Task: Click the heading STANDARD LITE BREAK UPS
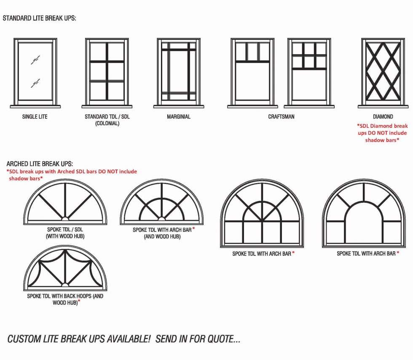coord(39,19)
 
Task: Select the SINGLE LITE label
coord(35,117)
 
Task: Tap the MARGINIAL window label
coord(179,117)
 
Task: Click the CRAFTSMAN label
coord(281,117)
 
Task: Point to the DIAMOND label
coord(383,117)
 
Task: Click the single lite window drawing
coord(35,73)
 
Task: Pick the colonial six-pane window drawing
coord(107,73)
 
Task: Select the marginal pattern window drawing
coord(179,73)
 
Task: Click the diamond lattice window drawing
coord(383,73)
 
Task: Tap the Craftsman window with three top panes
coord(252,73)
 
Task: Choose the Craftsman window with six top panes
coord(309,73)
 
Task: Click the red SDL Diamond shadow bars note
coord(382,133)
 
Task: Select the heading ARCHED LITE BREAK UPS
coord(40,164)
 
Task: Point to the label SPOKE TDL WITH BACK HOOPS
coord(65,299)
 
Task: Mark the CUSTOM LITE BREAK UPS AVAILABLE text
coord(123,339)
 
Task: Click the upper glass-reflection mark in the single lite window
coord(35,60)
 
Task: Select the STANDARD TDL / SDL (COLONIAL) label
coord(107,120)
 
